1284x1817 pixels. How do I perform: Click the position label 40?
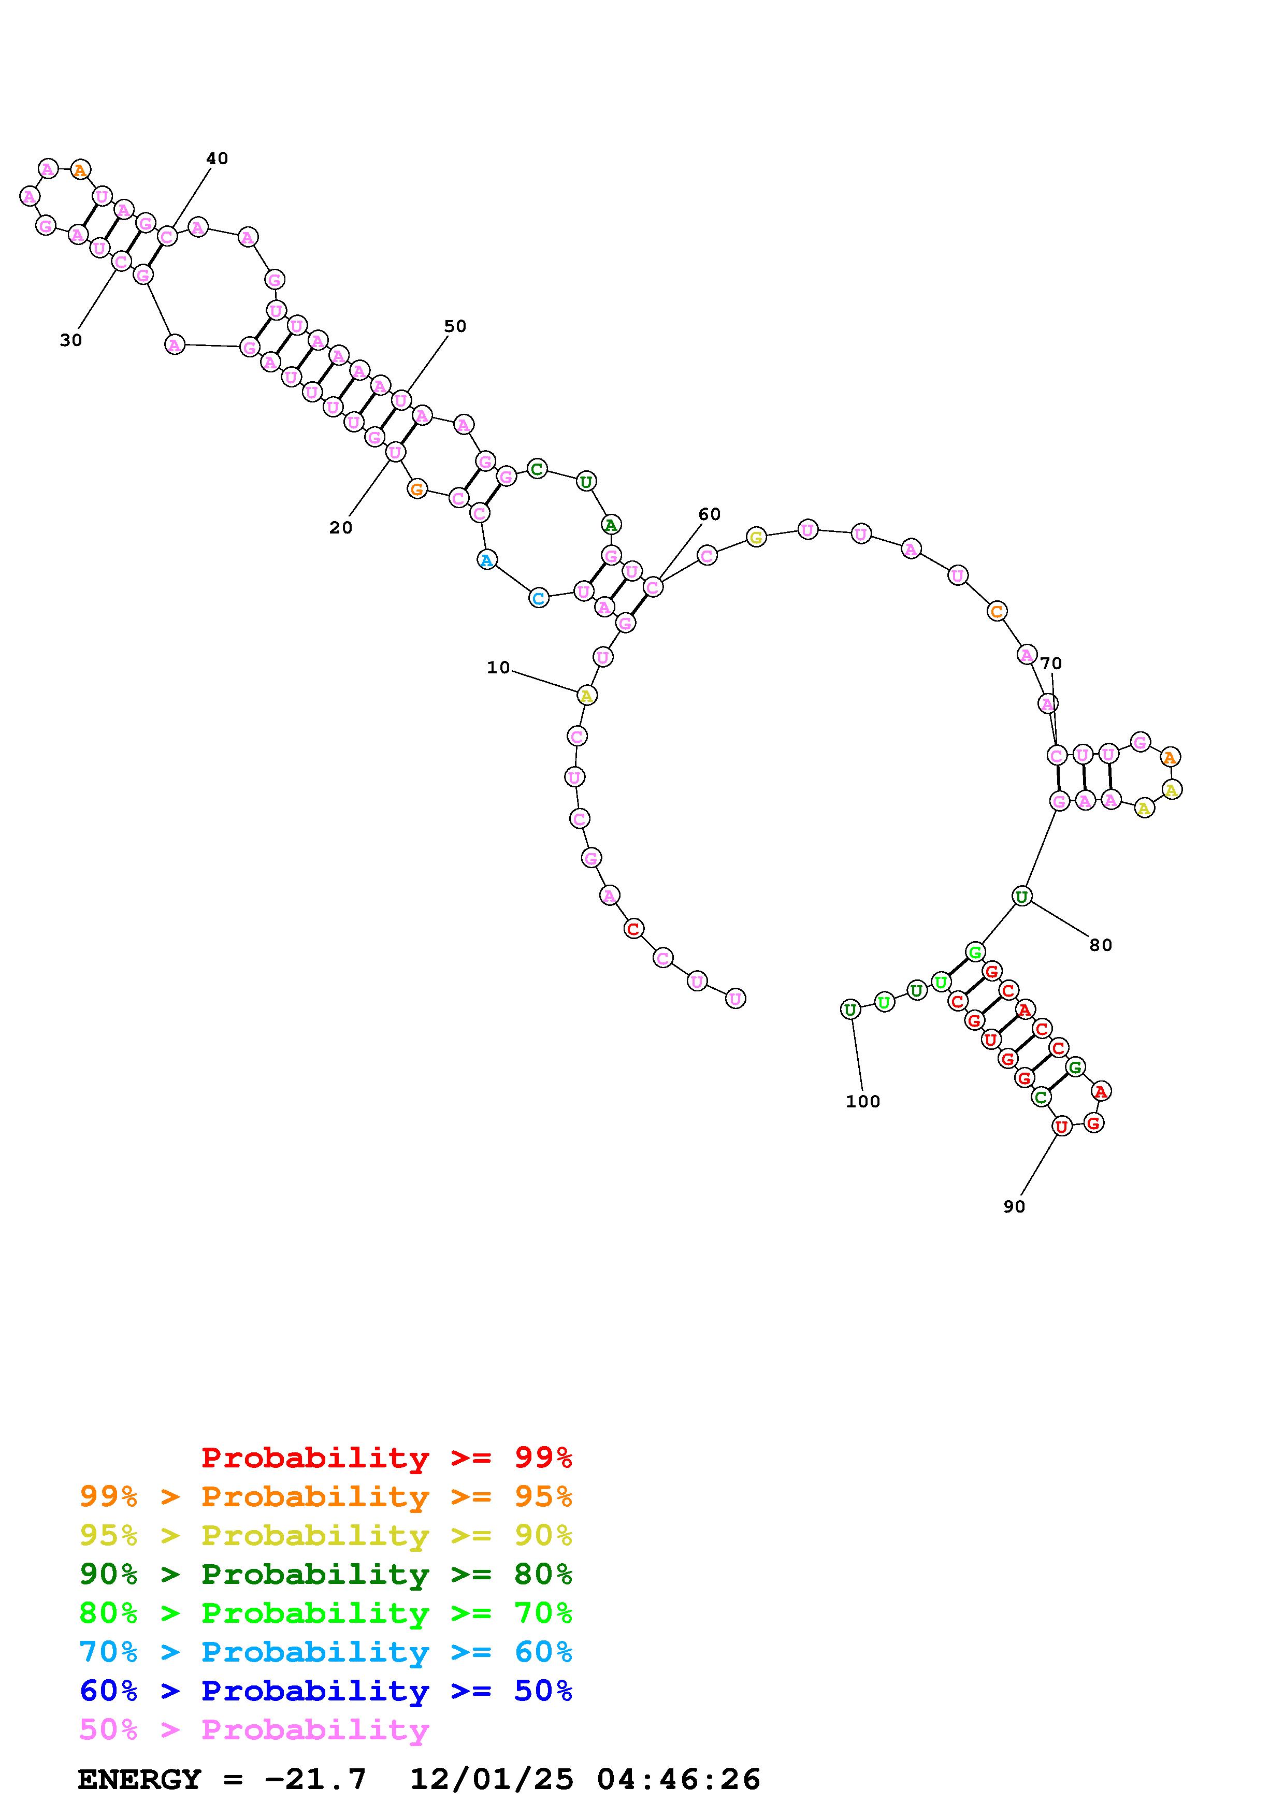click(217, 158)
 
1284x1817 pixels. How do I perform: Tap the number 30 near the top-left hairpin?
click(71, 340)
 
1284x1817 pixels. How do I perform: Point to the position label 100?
click(863, 1102)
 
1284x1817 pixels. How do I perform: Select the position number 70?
click(1051, 663)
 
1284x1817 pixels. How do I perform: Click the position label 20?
click(341, 528)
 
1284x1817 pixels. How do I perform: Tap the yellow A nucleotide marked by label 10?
click(586, 696)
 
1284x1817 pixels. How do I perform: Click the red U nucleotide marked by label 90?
click(1062, 1126)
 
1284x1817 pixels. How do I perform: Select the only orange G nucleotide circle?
click(417, 489)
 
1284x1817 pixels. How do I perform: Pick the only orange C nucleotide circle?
click(997, 611)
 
